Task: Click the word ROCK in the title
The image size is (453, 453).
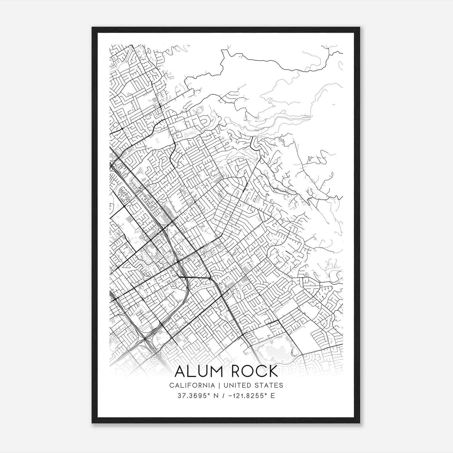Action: point(254,371)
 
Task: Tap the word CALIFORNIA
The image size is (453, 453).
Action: point(192,385)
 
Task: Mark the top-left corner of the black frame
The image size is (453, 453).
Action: point(92,27)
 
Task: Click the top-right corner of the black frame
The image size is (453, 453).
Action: point(360,27)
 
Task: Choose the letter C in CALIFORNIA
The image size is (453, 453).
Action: point(172,385)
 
